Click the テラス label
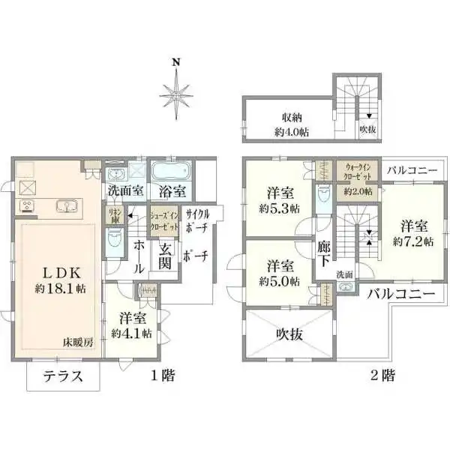coord(62,376)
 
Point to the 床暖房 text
coord(79,342)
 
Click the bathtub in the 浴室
coord(172,169)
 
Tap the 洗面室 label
coord(125,190)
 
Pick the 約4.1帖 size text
coord(131,333)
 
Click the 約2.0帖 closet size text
coord(358,191)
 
